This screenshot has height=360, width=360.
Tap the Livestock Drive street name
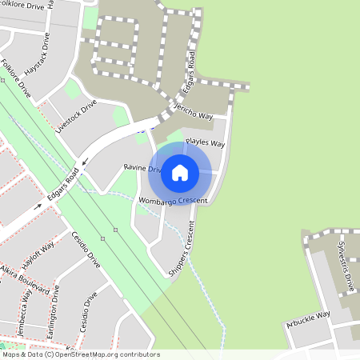(x=76, y=115)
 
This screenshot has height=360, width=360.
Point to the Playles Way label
(x=205, y=143)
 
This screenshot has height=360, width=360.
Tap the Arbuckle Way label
(x=308, y=320)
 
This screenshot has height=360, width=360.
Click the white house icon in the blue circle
(x=180, y=172)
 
